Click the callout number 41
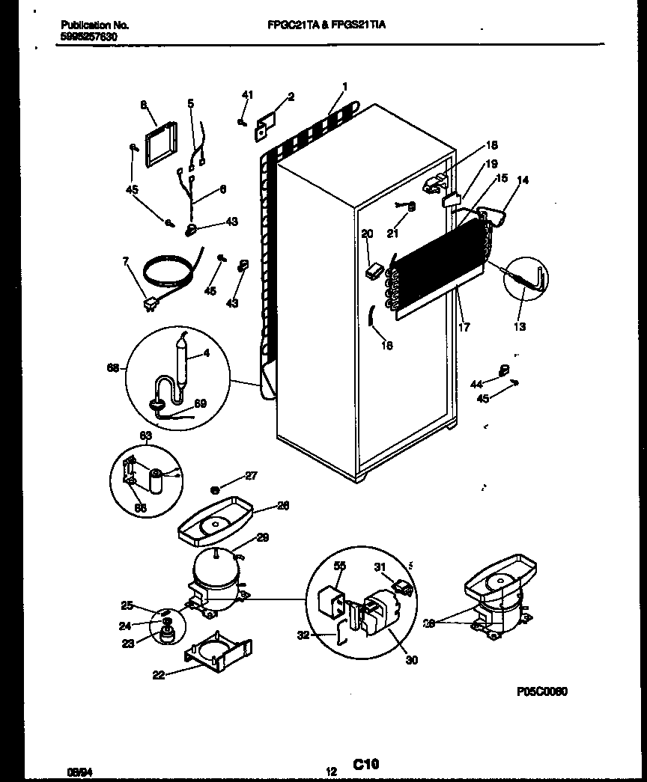coord(248,95)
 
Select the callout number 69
coord(201,404)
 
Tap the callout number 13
coord(520,326)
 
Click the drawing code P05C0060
coord(541,691)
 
